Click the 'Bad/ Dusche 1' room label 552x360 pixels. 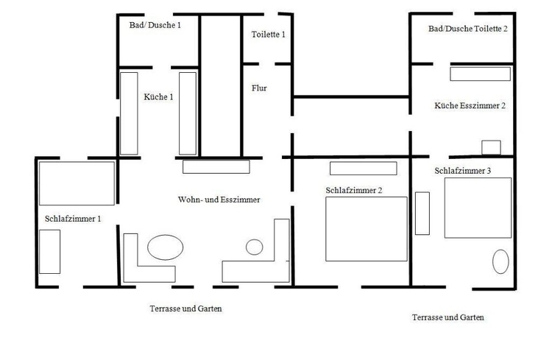point(155,25)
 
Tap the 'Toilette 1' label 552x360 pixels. point(268,35)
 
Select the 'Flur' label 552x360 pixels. point(259,88)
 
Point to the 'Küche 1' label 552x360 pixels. point(158,97)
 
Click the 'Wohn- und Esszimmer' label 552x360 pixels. point(219,200)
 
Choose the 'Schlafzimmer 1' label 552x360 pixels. point(73,219)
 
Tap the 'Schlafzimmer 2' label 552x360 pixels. point(354,191)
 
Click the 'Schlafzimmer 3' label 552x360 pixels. point(463,171)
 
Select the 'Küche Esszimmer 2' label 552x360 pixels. point(470,106)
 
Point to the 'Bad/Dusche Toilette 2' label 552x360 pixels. point(468,29)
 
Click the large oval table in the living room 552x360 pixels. point(165,247)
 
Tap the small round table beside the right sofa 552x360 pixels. point(254,247)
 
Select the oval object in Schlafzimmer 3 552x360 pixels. point(500,262)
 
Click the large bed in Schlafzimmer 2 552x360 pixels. point(367,229)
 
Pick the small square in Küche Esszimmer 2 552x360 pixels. point(491,147)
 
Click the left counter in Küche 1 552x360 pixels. point(129,113)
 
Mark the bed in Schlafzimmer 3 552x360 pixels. point(478,208)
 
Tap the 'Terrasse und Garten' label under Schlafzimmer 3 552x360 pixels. point(447,317)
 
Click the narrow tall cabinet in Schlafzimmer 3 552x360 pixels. point(422,213)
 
